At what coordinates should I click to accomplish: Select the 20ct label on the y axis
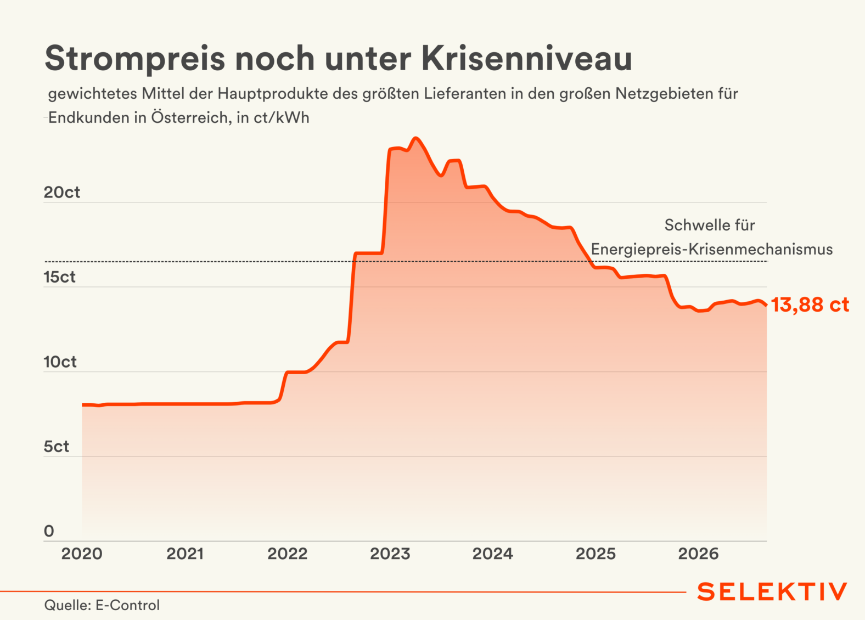[x=62, y=192]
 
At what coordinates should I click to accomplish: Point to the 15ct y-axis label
[x=59, y=277]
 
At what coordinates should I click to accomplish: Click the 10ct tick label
[x=60, y=362]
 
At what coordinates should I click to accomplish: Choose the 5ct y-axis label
[x=57, y=447]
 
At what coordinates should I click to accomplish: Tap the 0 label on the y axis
[x=49, y=531]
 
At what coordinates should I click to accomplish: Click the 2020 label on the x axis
[x=82, y=554]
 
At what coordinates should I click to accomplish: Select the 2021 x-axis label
[x=185, y=554]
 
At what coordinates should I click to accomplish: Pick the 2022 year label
[x=288, y=554]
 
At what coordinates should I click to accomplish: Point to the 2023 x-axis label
[x=390, y=554]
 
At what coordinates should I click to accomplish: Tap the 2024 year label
[x=493, y=554]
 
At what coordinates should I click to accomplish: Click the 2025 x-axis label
[x=596, y=554]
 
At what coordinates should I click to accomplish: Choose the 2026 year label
[x=699, y=554]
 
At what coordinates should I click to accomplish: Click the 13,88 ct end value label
[x=810, y=305]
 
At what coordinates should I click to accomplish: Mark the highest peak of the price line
[x=415, y=138]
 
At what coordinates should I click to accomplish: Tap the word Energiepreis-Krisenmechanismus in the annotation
[x=712, y=250]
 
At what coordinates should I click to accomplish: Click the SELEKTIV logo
[x=772, y=592]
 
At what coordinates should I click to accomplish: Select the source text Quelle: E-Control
[x=102, y=605]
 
